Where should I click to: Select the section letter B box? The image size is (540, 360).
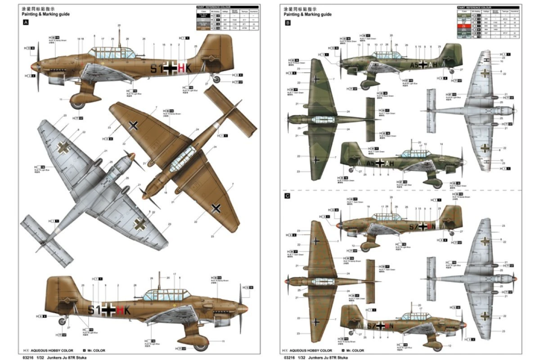pyautogui.click(x=288, y=22)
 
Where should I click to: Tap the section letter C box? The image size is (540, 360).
pyautogui.click(x=288, y=196)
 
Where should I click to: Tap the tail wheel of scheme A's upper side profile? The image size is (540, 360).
pyautogui.click(x=217, y=80)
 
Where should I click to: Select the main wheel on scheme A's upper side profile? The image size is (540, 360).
pyautogui.click(x=78, y=104)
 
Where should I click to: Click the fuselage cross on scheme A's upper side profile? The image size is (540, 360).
pyautogui.click(x=170, y=68)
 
